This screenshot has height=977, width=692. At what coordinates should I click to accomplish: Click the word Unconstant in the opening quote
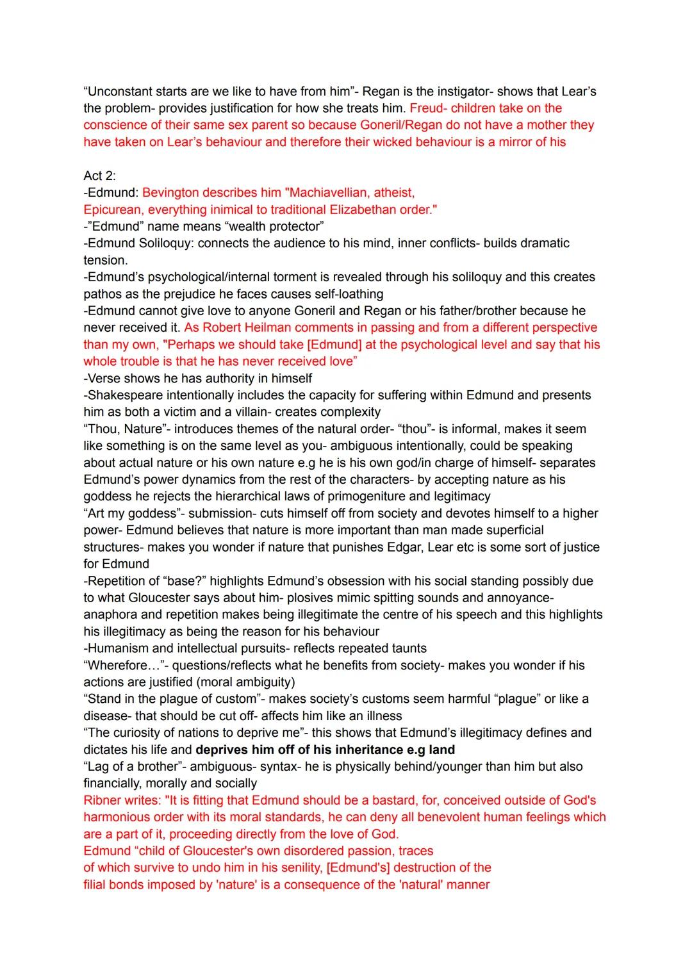[x=118, y=92]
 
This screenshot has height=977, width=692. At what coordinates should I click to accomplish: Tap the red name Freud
[x=426, y=108]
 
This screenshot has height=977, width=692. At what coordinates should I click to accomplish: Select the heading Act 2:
[x=99, y=176]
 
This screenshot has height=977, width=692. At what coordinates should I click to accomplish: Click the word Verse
[x=104, y=378]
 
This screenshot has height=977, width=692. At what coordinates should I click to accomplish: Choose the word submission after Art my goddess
[x=219, y=513]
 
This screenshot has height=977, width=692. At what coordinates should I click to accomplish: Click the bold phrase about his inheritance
[x=325, y=750]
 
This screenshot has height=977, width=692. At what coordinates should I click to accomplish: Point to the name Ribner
[x=103, y=800]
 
